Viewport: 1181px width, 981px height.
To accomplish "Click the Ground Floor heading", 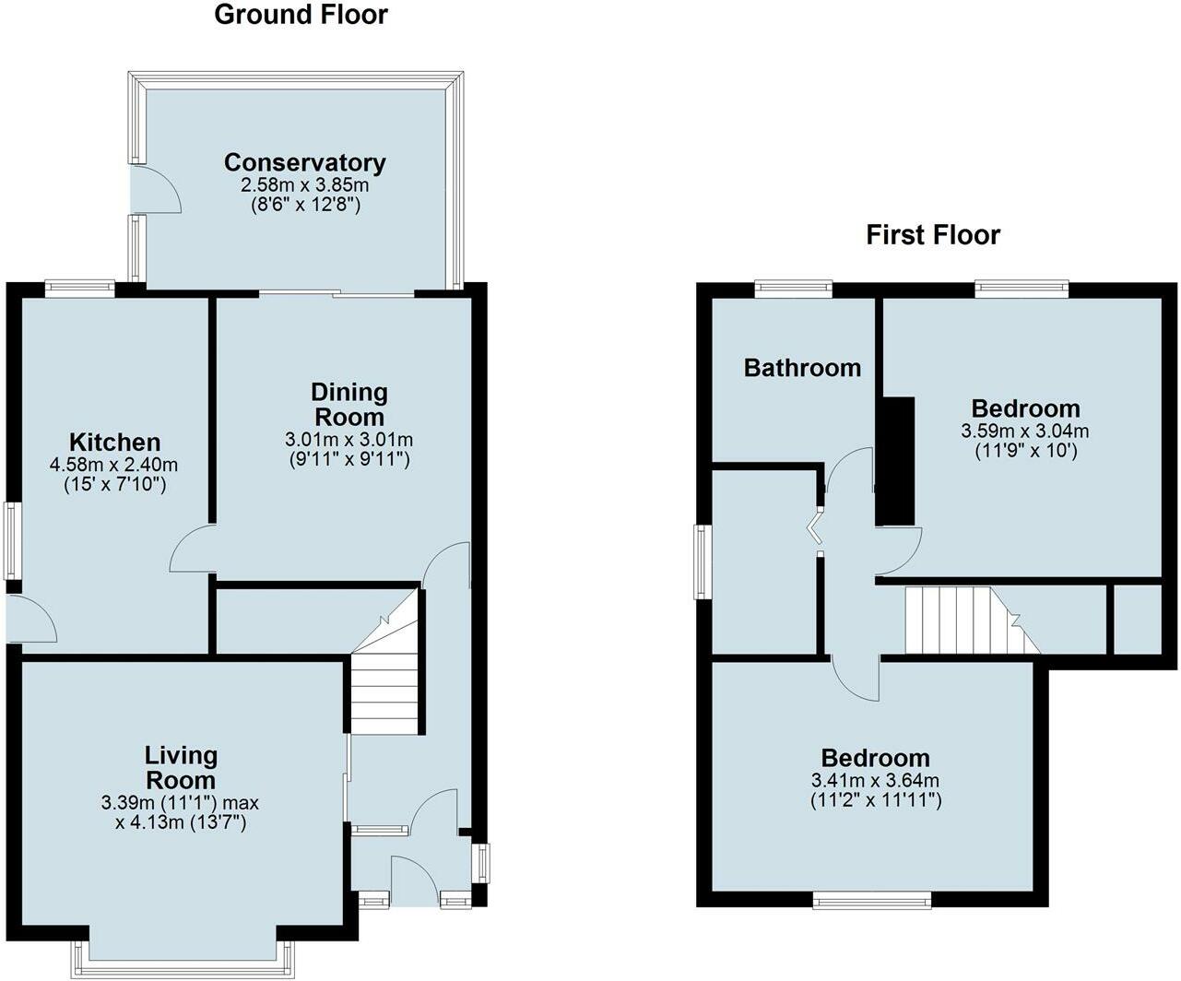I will [301, 15].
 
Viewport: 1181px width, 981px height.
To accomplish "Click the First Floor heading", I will [932, 235].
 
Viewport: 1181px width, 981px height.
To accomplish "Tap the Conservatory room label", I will [304, 163].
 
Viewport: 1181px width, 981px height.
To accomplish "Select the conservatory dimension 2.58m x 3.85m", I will [304, 185].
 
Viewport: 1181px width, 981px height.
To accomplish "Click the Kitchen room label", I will [115, 443].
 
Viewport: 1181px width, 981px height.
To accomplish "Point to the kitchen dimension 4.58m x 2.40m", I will [114, 465].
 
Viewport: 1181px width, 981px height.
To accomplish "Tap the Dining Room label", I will [348, 405].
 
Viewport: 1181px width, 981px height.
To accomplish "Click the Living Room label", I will [181, 768].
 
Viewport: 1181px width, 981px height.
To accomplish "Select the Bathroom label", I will [802, 368].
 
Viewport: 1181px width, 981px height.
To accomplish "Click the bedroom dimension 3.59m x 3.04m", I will [1024, 431].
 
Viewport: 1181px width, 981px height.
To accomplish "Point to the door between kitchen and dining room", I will [192, 550].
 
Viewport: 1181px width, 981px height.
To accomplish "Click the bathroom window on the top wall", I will [793, 289].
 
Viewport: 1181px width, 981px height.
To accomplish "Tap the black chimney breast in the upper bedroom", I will [893, 461].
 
